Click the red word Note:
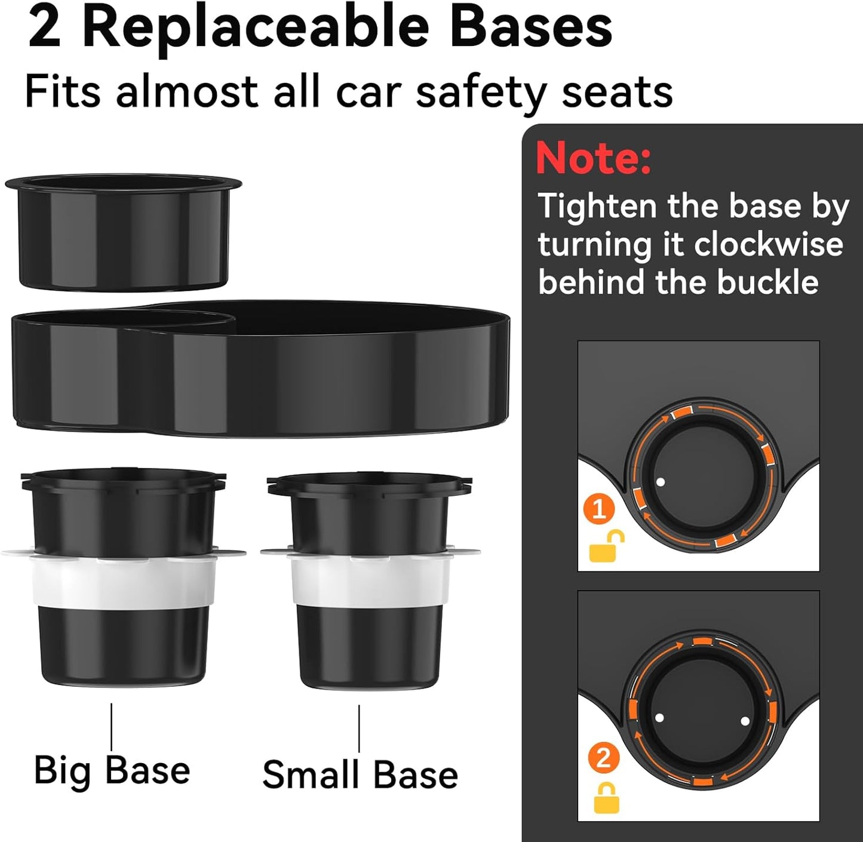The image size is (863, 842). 593,158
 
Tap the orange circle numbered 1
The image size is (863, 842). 599,509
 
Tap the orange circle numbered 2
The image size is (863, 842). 603,758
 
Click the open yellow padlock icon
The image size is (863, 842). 606,546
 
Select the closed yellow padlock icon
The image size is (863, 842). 606,798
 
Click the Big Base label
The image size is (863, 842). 112,770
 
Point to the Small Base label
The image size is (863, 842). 360,775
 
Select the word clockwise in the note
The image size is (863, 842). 769,244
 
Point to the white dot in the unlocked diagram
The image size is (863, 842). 660,481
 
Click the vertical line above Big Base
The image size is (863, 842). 112,726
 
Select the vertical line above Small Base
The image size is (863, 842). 359,729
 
